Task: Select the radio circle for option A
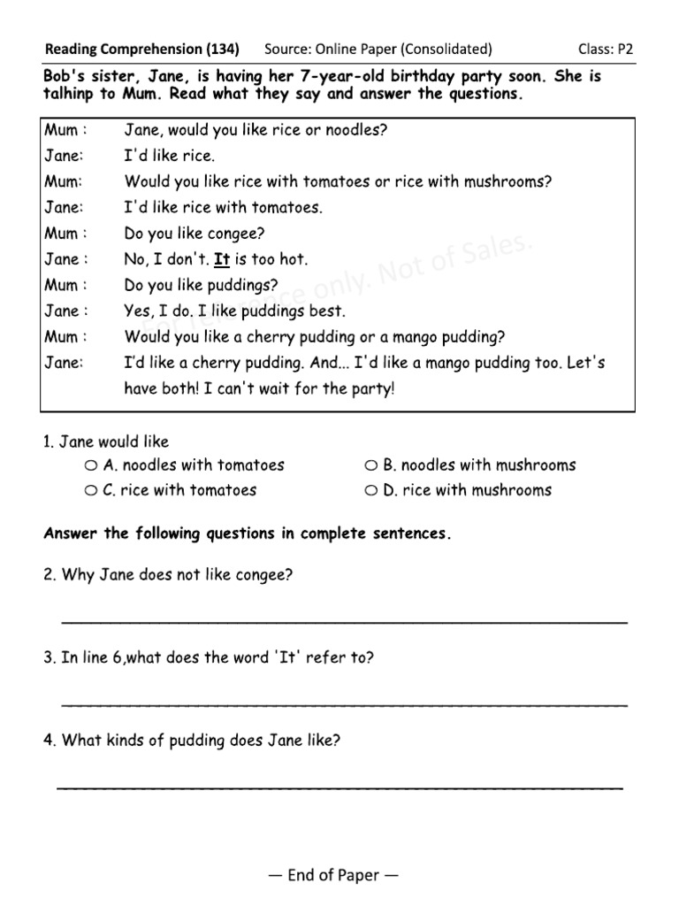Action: tap(92, 465)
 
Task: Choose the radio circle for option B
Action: tap(371, 465)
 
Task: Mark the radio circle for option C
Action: tap(92, 490)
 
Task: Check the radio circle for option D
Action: tap(371, 490)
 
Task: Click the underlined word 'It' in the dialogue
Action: tap(222, 260)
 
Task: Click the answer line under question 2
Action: tap(345, 622)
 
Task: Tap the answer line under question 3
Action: tap(345, 705)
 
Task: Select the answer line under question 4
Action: tap(340, 787)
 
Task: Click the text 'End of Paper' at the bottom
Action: tap(333, 875)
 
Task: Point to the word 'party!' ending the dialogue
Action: tap(371, 389)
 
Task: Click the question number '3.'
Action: tap(50, 657)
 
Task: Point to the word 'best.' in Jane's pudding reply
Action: tap(326, 311)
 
